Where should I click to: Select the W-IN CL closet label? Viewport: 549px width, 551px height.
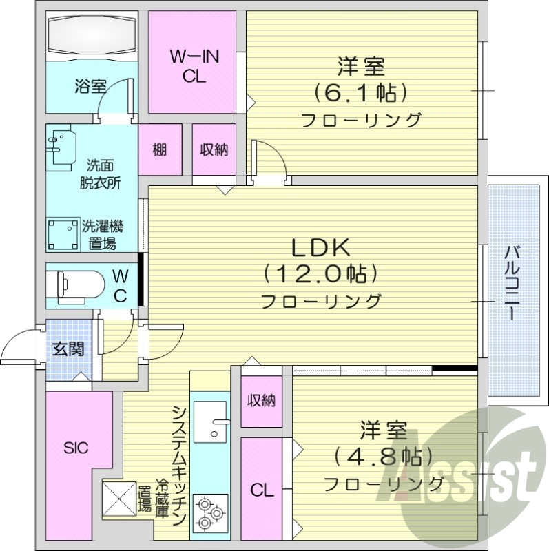(194, 67)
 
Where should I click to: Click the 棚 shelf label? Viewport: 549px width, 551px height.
(160, 149)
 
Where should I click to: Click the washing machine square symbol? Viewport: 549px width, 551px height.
(63, 235)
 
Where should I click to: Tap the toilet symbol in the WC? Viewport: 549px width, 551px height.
(76, 284)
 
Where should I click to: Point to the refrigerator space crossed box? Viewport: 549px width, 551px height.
(118, 498)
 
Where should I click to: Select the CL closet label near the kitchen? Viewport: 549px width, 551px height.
(262, 490)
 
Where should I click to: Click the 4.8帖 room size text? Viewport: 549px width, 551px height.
(381, 456)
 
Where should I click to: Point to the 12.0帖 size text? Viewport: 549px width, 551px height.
(321, 274)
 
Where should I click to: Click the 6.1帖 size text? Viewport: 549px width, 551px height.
(360, 92)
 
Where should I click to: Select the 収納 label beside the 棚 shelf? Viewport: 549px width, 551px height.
(214, 149)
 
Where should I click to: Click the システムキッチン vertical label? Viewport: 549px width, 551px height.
(178, 464)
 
